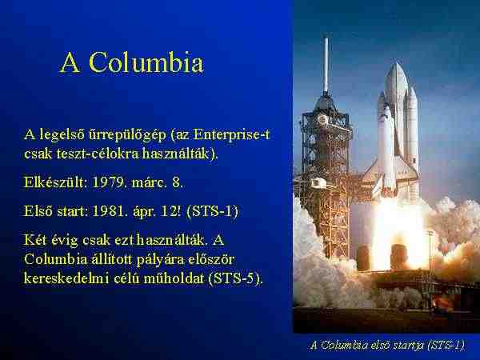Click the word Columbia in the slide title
146,62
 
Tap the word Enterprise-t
231,134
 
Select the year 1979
109,182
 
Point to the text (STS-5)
235,278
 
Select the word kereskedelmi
66,278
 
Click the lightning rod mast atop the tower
326,65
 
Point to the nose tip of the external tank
397,64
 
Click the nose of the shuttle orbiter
386,110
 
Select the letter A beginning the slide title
70,62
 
